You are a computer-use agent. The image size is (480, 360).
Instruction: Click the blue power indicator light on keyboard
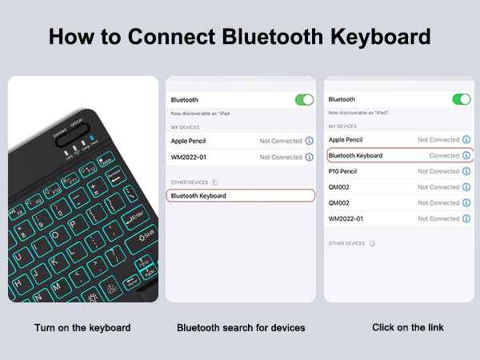[93, 138]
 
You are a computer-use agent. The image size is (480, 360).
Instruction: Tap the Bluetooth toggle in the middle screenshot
[304, 100]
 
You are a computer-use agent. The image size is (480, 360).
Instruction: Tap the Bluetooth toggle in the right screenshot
[462, 99]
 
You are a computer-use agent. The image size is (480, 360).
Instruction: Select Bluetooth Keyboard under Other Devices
[198, 195]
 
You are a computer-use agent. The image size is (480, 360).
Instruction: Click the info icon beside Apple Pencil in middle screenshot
[310, 141]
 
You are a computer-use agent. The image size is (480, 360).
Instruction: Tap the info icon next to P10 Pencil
[466, 171]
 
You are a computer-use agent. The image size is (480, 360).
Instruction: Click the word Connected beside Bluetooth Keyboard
[444, 155]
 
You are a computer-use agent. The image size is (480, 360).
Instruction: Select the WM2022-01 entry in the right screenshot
[346, 218]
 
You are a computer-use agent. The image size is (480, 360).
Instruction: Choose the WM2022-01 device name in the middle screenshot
[189, 157]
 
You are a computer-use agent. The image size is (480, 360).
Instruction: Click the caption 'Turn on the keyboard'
[82, 328]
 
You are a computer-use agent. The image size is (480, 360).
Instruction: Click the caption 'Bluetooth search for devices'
[241, 328]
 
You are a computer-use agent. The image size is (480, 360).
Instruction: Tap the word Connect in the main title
[155, 37]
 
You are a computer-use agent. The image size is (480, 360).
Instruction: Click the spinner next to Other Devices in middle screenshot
[215, 182]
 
